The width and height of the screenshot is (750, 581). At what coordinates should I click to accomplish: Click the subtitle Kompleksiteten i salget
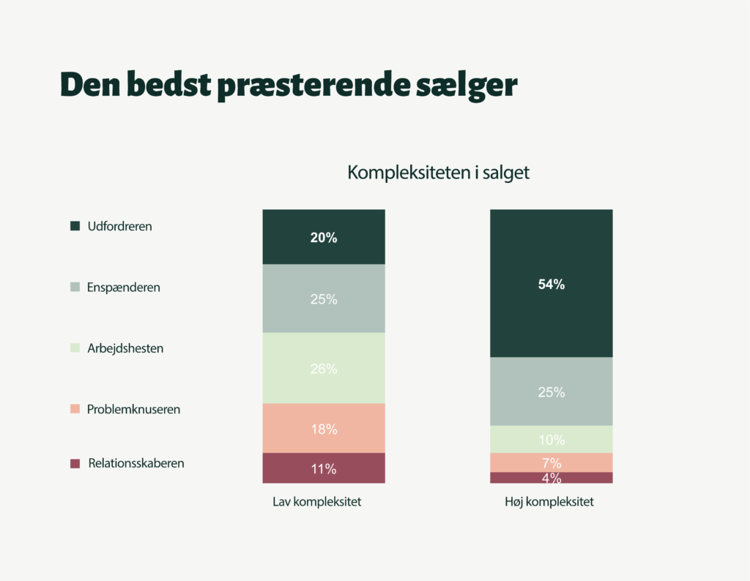[x=438, y=173]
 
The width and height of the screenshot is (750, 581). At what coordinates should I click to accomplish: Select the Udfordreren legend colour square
[x=75, y=226]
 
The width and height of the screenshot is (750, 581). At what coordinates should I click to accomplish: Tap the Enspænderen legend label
[x=123, y=288]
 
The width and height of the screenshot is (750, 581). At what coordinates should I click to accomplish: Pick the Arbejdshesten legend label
[x=125, y=348]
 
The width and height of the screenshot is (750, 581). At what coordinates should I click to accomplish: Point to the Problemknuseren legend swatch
[x=75, y=409]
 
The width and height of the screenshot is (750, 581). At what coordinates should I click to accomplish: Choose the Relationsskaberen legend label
[x=135, y=463]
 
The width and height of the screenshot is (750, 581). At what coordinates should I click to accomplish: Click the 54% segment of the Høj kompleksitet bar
[x=551, y=284]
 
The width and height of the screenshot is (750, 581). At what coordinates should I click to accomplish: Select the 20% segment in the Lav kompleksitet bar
[x=323, y=237]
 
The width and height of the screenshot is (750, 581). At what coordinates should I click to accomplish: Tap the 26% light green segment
[x=323, y=369]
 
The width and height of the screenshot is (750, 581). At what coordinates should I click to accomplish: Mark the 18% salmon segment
[x=323, y=429]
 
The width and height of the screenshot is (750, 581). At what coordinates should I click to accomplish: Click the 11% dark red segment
[x=323, y=468]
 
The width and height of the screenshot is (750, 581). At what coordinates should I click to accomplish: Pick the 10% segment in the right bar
[x=551, y=440]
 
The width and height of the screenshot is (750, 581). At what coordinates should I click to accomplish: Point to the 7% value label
[x=552, y=462]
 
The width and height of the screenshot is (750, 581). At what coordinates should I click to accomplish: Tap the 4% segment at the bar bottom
[x=551, y=478]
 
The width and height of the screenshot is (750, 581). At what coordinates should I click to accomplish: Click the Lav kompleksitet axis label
[x=317, y=503]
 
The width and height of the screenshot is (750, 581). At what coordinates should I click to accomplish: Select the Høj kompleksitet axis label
[x=549, y=503]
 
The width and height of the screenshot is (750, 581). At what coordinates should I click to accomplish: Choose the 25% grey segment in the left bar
[x=323, y=299]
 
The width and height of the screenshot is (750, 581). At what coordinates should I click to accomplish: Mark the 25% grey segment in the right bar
[x=551, y=391]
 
